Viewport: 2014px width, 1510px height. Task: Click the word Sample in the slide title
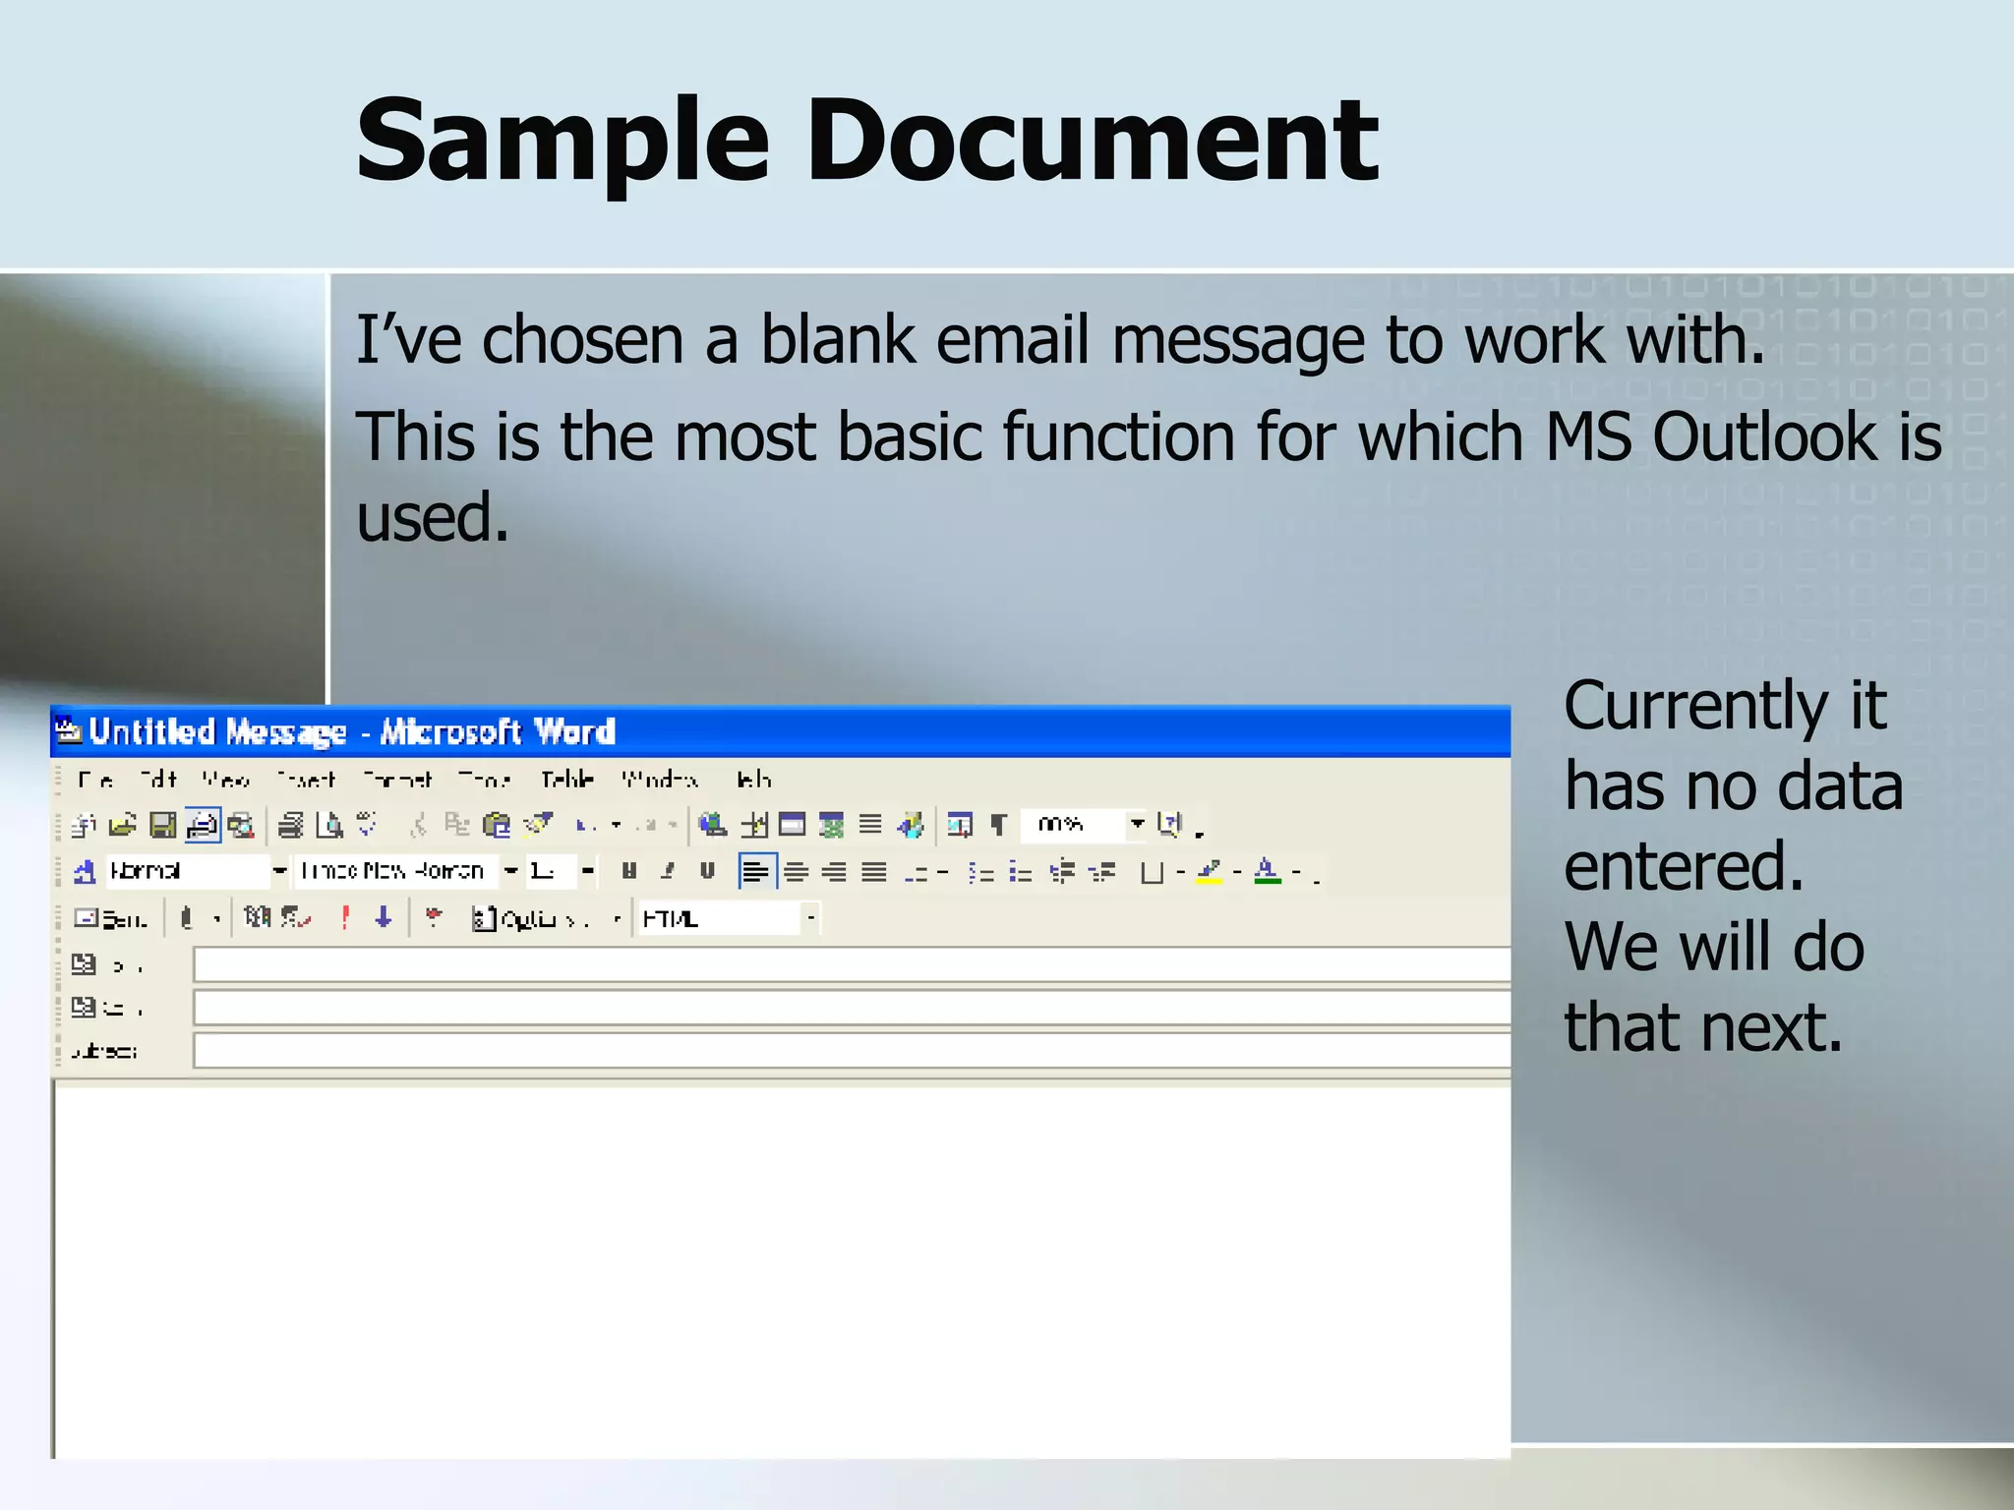point(562,143)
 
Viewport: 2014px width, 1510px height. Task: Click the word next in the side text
point(1770,1028)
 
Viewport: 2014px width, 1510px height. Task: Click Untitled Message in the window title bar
point(217,732)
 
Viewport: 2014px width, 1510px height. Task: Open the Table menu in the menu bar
point(567,780)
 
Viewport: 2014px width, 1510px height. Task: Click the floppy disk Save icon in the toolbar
point(162,825)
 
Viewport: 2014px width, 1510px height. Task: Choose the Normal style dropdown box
point(187,871)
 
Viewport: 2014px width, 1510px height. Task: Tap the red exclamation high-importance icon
point(345,918)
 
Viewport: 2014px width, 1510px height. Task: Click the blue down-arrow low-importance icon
point(384,918)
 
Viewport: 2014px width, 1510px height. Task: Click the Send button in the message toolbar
point(111,919)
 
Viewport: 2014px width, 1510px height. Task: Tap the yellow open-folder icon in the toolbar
point(123,825)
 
